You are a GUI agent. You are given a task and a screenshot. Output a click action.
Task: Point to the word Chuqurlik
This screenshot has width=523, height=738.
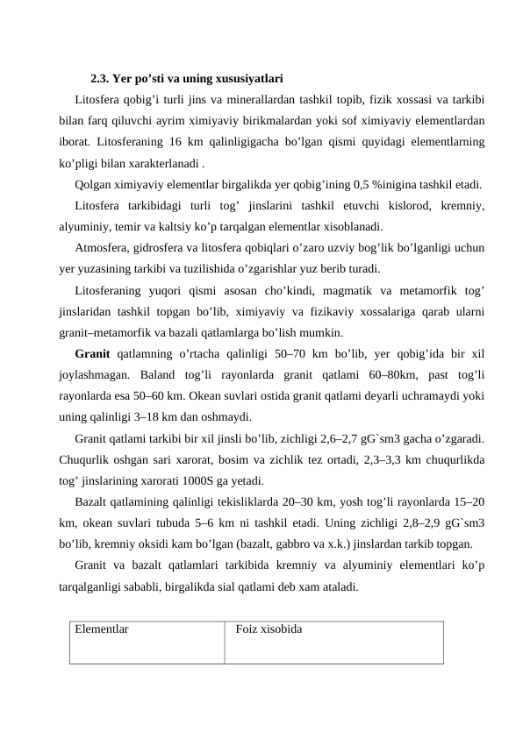(x=87, y=458)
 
